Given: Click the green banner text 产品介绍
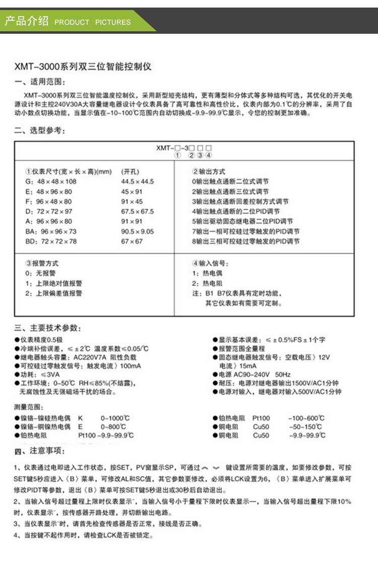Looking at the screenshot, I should tap(26, 21).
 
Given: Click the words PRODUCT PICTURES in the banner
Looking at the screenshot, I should tap(92, 22).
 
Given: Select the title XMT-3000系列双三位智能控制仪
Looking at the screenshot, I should tap(83, 66).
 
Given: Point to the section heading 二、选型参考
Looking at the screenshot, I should tap(40, 131).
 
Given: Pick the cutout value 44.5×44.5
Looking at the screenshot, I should tap(138, 181).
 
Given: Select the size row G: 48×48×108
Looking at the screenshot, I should tap(51, 181).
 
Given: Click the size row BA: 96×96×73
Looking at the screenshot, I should tap(52, 231).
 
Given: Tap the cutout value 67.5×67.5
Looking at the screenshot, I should tap(138, 211).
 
